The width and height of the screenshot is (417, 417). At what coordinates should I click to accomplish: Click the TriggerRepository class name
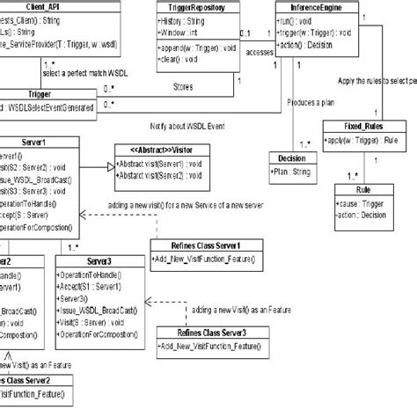tap(194, 6)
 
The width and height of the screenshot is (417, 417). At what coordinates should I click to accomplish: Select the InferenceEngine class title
tap(316, 6)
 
